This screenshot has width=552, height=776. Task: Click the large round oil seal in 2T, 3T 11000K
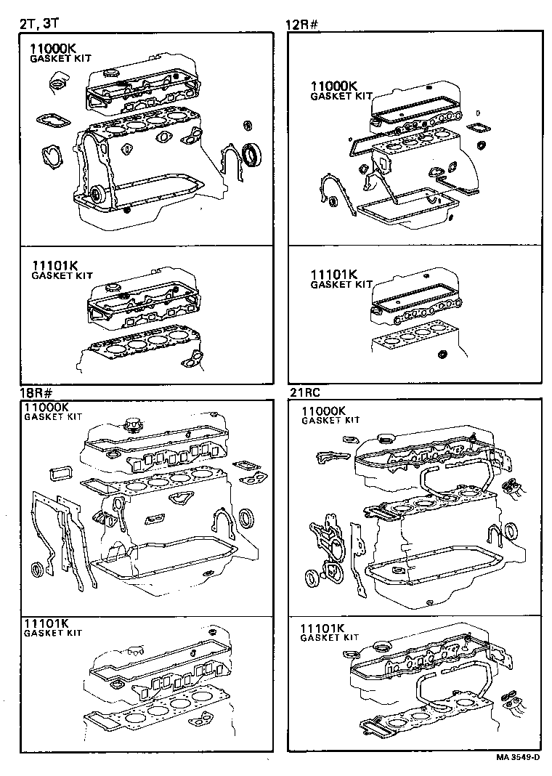click(x=252, y=153)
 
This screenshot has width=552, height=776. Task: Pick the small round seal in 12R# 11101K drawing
click(x=442, y=355)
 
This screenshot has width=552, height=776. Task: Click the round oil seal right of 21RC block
click(x=512, y=531)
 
